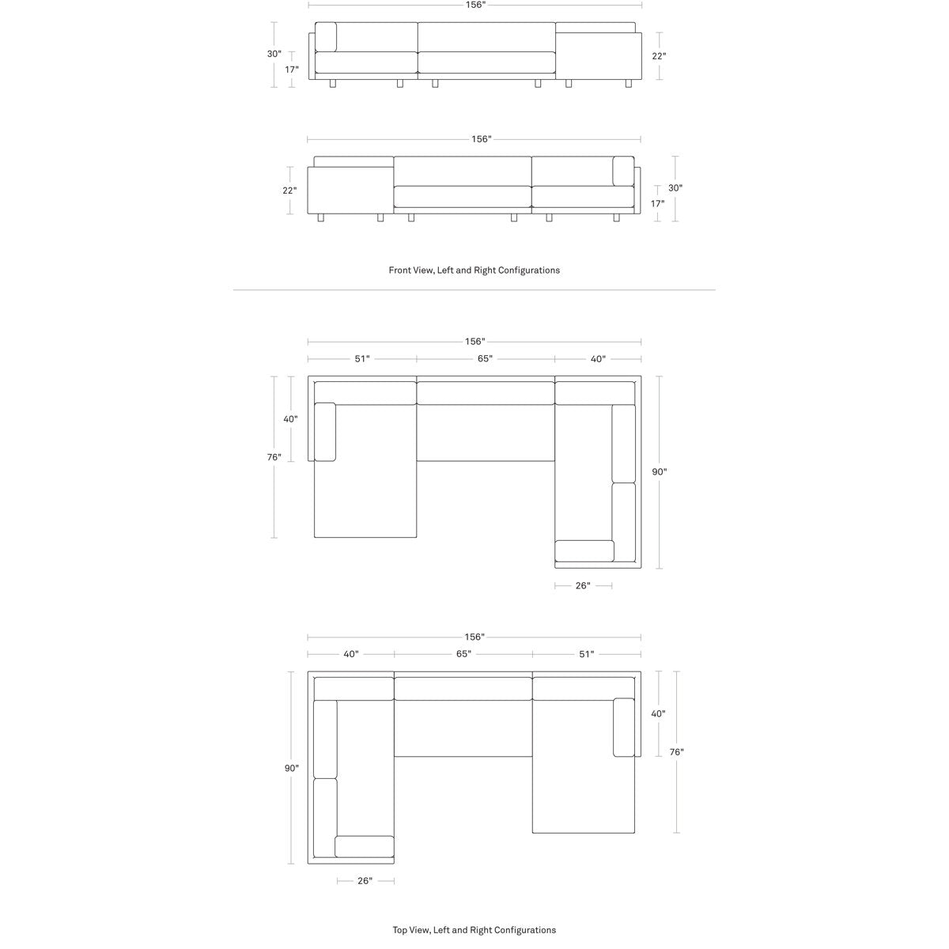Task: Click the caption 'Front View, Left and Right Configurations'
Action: click(x=474, y=270)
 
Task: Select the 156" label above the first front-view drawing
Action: click(x=475, y=5)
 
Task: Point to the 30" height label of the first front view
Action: click(x=274, y=54)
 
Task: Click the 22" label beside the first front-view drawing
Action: click(x=659, y=56)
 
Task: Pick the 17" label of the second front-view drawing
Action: click(x=657, y=203)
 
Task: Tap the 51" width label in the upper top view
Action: click(x=362, y=359)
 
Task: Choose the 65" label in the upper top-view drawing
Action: click(x=485, y=359)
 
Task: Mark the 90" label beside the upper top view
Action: click(x=660, y=472)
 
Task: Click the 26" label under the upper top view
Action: click(x=583, y=585)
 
